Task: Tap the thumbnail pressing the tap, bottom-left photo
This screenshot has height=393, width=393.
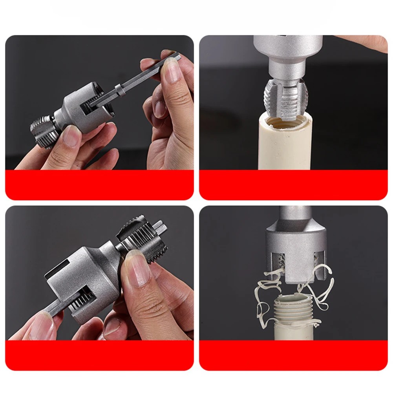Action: (x=139, y=271)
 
